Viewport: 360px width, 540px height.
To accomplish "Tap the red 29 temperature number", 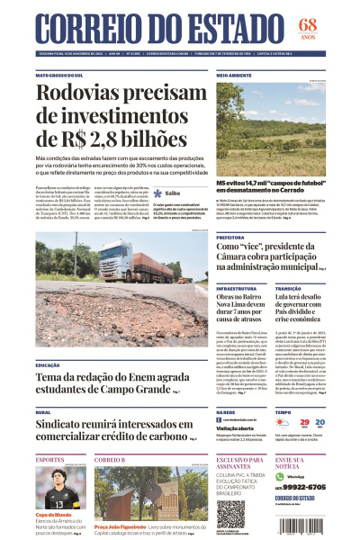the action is [306, 422].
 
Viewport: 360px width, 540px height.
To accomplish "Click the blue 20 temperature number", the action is [332, 422].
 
